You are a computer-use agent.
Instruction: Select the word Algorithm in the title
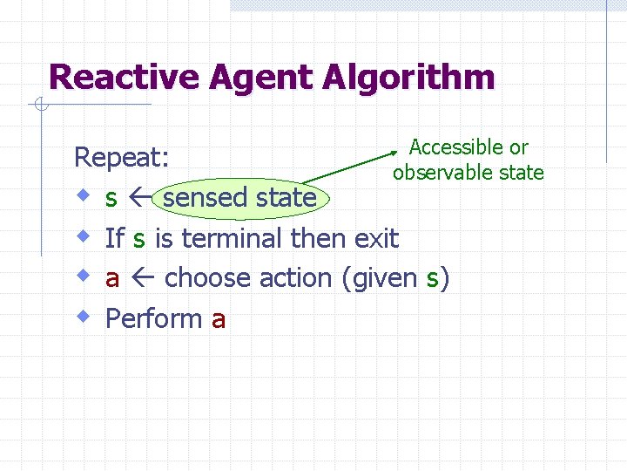(x=408, y=78)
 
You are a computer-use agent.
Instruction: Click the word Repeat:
(x=122, y=158)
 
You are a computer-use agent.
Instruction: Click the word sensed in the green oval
(x=206, y=198)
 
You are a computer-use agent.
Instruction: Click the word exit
(x=376, y=238)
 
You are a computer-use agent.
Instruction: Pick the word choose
(x=206, y=278)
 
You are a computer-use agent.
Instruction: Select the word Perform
(x=154, y=319)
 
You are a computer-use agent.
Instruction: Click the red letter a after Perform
(x=219, y=320)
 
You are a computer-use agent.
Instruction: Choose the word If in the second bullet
(x=115, y=238)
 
